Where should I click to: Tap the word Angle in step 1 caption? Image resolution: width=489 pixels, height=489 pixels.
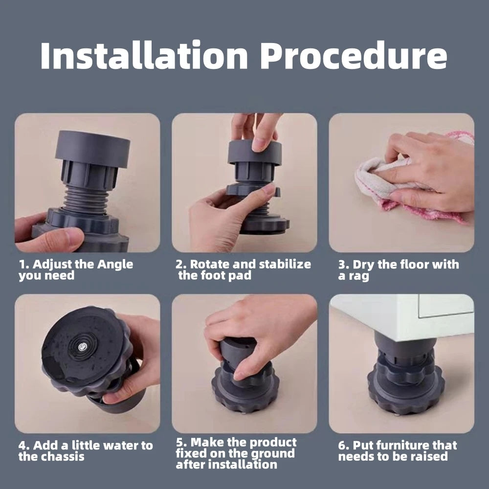(x=115, y=265)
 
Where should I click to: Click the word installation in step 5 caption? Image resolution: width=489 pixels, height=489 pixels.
(x=235, y=465)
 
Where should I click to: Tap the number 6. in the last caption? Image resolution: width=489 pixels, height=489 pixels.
(x=343, y=445)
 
